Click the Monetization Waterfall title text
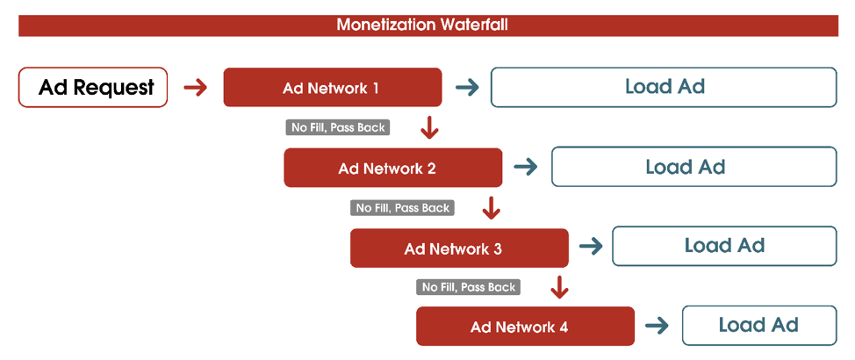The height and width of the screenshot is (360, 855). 422,25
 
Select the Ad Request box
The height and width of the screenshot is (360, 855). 93,87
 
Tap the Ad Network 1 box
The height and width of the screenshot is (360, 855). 333,87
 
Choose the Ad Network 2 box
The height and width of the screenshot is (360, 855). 393,168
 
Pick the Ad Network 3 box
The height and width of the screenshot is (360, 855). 459,248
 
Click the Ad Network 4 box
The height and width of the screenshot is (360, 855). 525,326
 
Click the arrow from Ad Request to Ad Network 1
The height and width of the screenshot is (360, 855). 196,88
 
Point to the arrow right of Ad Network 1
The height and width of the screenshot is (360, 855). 467,88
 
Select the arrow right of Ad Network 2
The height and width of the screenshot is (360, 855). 526,168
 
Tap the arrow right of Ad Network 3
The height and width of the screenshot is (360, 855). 591,248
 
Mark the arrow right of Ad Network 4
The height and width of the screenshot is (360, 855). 657,326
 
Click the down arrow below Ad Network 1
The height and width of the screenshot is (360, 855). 430,127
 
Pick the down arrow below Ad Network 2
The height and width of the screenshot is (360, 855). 492,208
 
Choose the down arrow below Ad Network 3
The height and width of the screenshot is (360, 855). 558,287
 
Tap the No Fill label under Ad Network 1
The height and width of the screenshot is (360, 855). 338,127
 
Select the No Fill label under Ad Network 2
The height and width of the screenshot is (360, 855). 403,208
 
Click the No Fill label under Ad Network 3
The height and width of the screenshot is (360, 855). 469,287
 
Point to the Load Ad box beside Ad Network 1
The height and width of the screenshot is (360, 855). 664,87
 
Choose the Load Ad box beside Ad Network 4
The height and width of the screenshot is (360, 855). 759,326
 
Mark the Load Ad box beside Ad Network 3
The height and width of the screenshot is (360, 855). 724,246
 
